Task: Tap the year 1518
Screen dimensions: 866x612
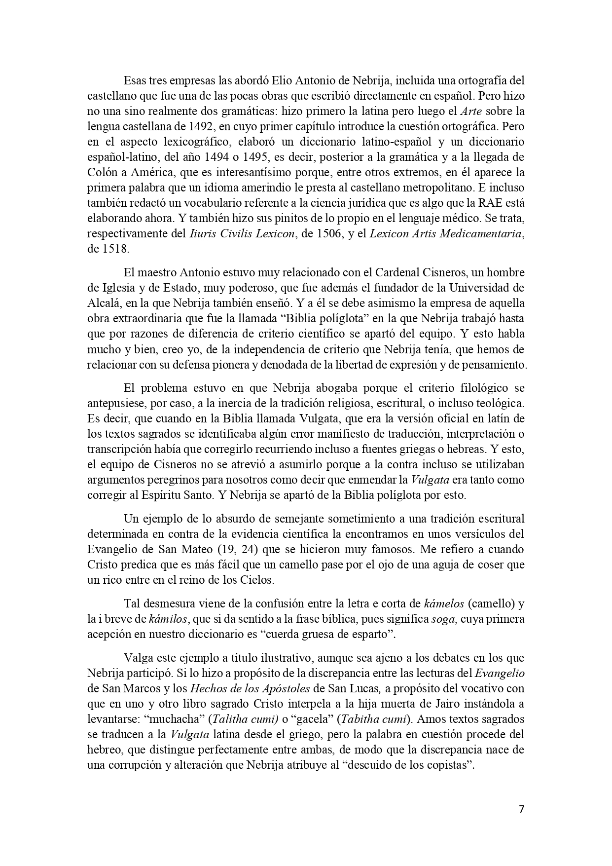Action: pos(115,249)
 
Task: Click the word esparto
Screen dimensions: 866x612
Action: pos(368,635)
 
